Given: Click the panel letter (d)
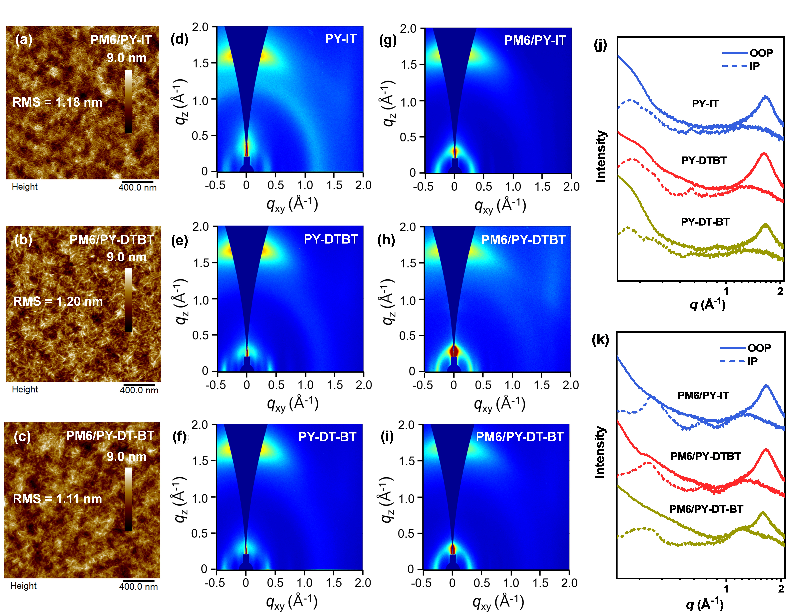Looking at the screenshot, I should point(179,39).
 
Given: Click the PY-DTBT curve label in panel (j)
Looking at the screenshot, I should point(704,160).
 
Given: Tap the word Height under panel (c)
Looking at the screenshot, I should point(23,586).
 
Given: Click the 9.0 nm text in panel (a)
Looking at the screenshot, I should point(127,58).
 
